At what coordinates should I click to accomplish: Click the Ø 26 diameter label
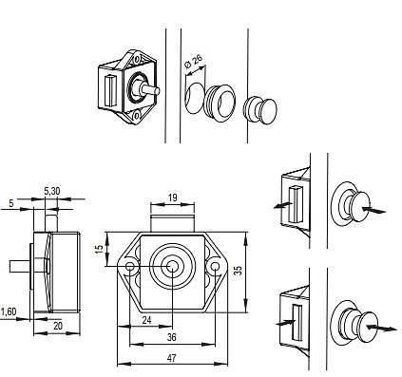(193, 62)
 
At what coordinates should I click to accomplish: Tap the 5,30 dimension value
(52, 191)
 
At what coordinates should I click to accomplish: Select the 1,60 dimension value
(9, 311)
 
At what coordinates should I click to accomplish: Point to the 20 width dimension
(58, 326)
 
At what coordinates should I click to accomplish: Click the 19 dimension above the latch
(172, 198)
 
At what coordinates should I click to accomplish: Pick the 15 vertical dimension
(99, 249)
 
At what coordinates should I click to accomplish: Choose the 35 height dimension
(239, 270)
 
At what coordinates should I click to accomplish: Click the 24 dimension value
(146, 320)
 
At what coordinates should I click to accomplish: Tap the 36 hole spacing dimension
(171, 337)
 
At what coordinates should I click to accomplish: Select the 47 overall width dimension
(171, 358)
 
